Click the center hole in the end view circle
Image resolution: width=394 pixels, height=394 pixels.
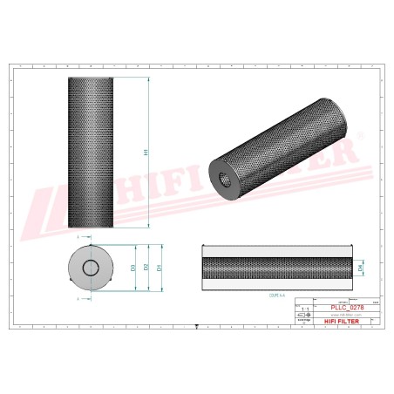point(91,267)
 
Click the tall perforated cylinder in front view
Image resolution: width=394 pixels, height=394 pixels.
point(91,152)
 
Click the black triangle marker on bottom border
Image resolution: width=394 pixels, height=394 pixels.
point(197,326)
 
